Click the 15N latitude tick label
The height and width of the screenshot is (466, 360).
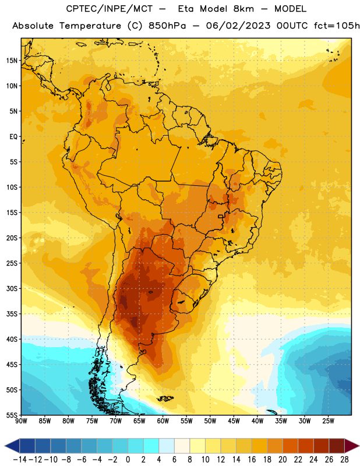[12, 61]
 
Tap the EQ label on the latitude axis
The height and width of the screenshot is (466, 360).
[13, 137]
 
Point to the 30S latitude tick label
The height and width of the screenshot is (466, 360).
[12, 288]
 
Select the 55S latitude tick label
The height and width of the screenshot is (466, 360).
[12, 415]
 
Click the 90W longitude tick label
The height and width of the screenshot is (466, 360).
[21, 421]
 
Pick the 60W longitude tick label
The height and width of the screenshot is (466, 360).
[163, 421]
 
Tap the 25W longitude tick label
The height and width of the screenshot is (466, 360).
[328, 421]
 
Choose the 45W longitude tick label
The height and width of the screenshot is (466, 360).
[234, 421]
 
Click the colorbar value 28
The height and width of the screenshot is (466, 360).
[344, 460]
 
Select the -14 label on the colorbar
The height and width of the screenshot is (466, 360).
[20, 460]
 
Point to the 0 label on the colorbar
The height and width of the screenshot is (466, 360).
[128, 460]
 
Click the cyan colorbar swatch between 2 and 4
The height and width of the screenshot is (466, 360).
[151, 446]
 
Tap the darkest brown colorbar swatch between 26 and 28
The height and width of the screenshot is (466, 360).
[337, 446]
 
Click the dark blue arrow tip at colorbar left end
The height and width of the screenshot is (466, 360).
[5, 446]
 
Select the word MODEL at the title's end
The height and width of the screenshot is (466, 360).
[290, 9]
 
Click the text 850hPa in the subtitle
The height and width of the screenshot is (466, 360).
[167, 26]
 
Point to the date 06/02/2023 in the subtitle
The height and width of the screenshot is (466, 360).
[238, 26]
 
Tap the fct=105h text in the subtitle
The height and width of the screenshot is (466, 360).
[337, 26]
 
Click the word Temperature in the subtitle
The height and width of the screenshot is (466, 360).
[90, 26]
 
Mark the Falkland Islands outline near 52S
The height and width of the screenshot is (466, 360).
[165, 398]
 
